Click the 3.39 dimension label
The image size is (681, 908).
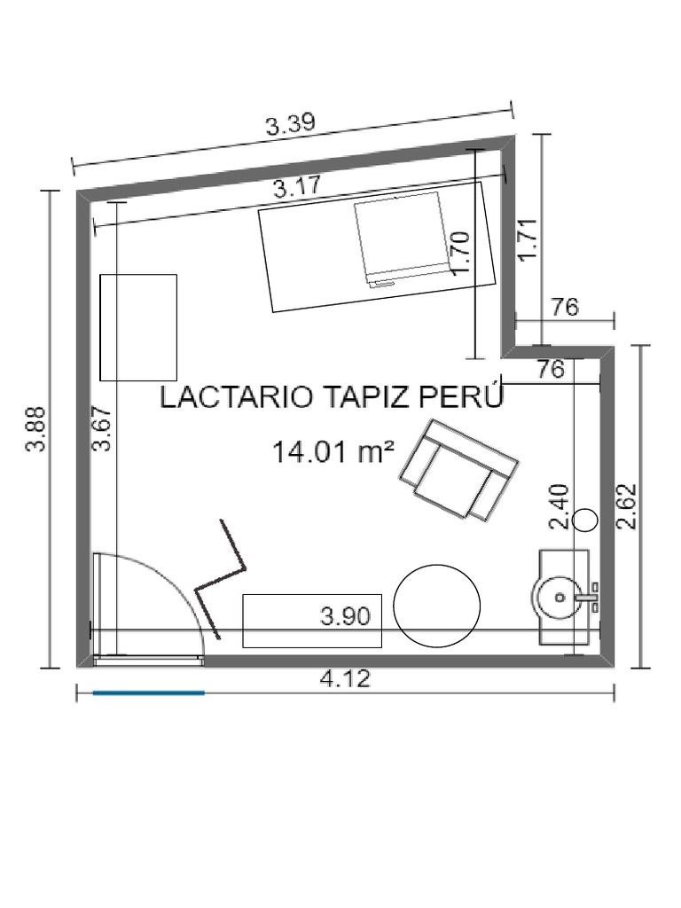tap(290, 123)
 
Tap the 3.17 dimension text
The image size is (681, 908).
tap(296, 187)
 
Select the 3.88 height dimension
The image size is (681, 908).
tap(36, 429)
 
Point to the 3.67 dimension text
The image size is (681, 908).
tap(102, 428)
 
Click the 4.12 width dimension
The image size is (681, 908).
tap(345, 678)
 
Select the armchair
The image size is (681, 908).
tap(458, 469)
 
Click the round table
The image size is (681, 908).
tap(436, 605)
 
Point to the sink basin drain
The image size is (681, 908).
tap(560, 597)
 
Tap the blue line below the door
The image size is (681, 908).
tap(149, 692)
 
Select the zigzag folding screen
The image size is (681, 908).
tap(223, 579)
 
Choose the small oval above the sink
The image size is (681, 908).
tap(585, 520)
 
